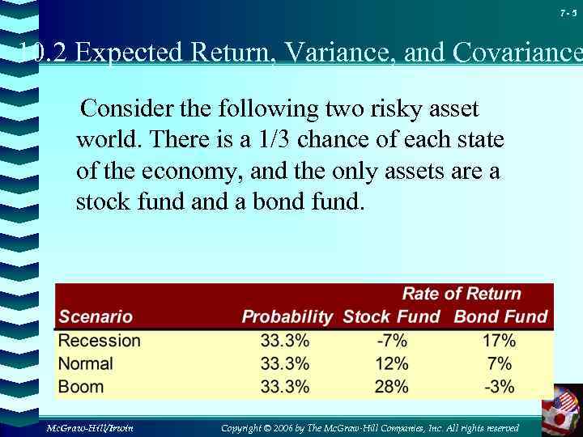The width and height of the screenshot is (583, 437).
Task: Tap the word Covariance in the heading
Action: point(513,53)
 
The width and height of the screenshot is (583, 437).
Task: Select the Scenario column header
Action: point(95,316)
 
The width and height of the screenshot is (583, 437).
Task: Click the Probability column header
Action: point(287,316)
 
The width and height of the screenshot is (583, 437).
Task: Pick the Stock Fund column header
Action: point(391,316)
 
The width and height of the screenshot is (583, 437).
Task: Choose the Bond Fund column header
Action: point(500,316)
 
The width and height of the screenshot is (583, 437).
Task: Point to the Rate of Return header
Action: point(462,294)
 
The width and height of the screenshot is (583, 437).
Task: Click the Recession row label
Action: point(99,341)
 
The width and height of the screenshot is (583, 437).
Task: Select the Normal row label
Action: point(86,363)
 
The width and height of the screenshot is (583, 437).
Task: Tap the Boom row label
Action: point(81,386)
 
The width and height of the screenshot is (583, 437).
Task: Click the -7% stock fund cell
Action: point(391,341)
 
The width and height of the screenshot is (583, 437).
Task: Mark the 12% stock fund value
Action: point(391,363)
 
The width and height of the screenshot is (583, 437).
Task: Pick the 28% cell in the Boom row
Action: point(391,386)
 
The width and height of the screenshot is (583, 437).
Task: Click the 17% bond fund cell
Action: point(499,341)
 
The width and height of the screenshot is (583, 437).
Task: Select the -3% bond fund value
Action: point(499,386)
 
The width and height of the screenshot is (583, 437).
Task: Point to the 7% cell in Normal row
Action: point(499,363)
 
